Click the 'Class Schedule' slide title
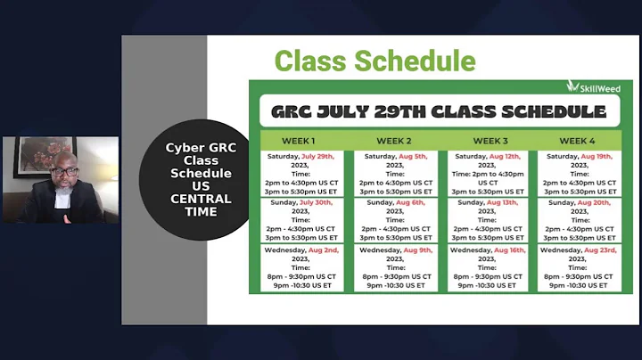point(374,61)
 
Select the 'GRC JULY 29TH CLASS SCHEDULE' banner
point(439,112)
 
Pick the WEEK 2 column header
point(395,141)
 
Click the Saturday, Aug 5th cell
point(395,173)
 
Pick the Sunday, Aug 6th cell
point(395,219)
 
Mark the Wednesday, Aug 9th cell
point(395,267)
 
